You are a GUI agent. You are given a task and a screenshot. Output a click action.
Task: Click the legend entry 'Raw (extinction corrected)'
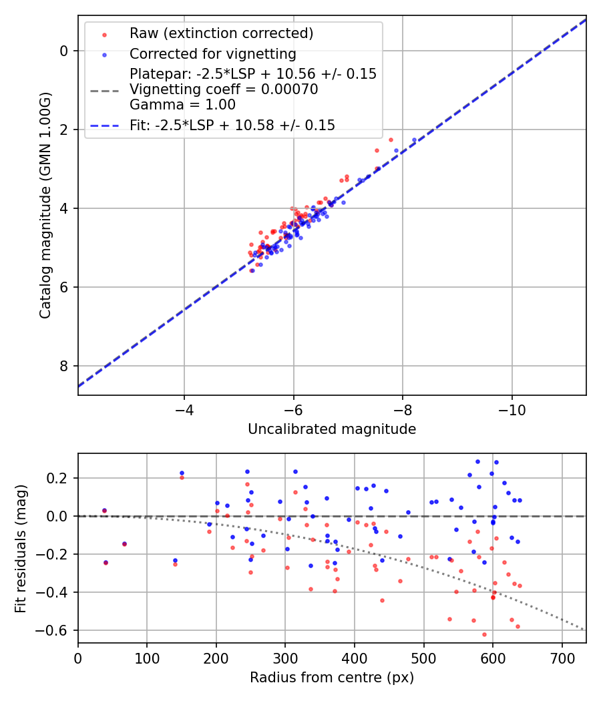pos(221,33)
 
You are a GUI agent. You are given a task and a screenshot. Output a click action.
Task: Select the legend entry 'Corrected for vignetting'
pos(212,53)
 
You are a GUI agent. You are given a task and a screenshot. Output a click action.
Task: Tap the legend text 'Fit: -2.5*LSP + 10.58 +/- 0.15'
pos(232,125)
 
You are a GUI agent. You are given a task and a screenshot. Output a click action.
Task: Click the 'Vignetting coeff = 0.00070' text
pos(224,89)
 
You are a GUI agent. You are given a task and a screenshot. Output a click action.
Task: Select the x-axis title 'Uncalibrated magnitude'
pos(332,429)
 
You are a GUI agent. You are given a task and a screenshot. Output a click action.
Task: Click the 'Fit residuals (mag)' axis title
pos(21,548)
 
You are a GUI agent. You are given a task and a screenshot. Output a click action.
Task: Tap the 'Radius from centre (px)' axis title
pos(332,678)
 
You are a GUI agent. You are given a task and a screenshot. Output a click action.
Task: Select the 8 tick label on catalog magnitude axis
pos(65,366)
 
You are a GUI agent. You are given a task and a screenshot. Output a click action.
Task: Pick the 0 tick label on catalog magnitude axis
pos(65,51)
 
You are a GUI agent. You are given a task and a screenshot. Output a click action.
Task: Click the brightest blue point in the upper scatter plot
pos(414,140)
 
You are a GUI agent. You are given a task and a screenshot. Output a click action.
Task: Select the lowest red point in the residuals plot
pos(484,634)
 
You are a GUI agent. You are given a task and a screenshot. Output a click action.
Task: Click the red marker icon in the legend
pos(104,33)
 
